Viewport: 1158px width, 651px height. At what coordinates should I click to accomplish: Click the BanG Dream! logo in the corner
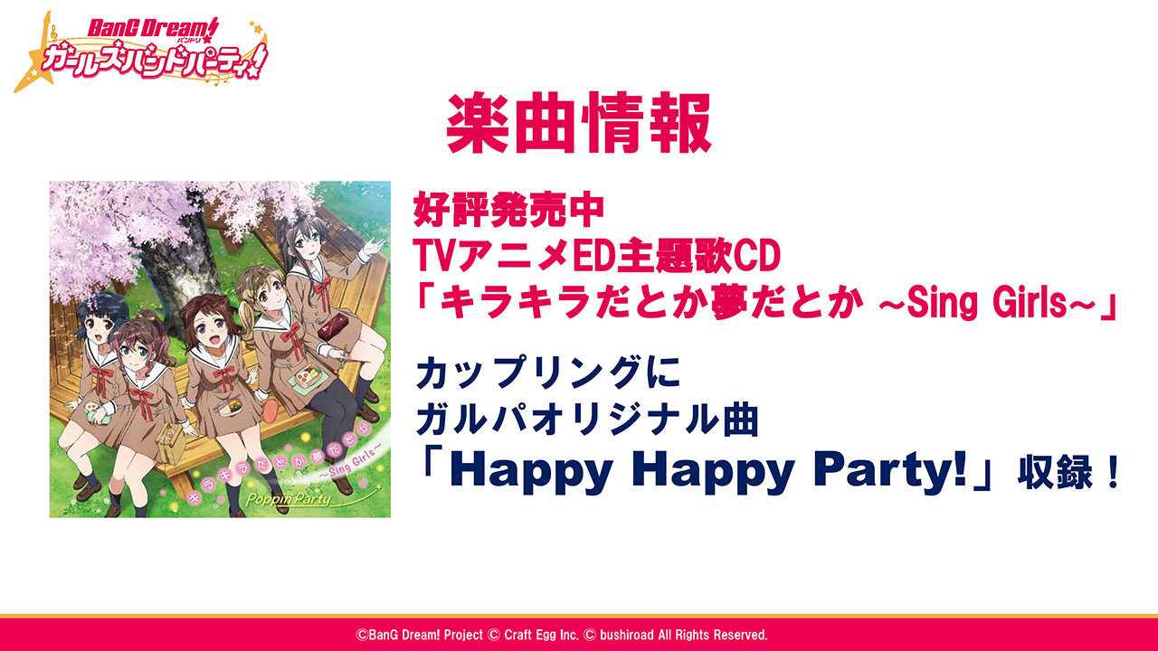(x=140, y=52)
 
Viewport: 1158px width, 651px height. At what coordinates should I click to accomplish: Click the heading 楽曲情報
(x=579, y=124)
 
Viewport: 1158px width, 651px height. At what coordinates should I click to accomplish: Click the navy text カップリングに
(x=548, y=373)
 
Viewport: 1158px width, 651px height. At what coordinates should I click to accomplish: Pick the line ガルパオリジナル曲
(x=587, y=420)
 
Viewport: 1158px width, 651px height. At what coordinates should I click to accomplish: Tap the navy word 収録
(x=1055, y=472)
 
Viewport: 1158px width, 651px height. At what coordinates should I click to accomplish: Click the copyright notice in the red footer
(x=562, y=635)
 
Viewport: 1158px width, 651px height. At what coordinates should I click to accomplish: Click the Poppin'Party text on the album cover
(x=289, y=498)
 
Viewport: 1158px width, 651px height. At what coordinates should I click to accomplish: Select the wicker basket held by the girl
(x=170, y=442)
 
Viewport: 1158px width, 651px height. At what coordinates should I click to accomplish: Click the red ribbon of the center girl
(x=223, y=379)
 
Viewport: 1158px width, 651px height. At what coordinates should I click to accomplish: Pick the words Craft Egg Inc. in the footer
(x=541, y=635)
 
